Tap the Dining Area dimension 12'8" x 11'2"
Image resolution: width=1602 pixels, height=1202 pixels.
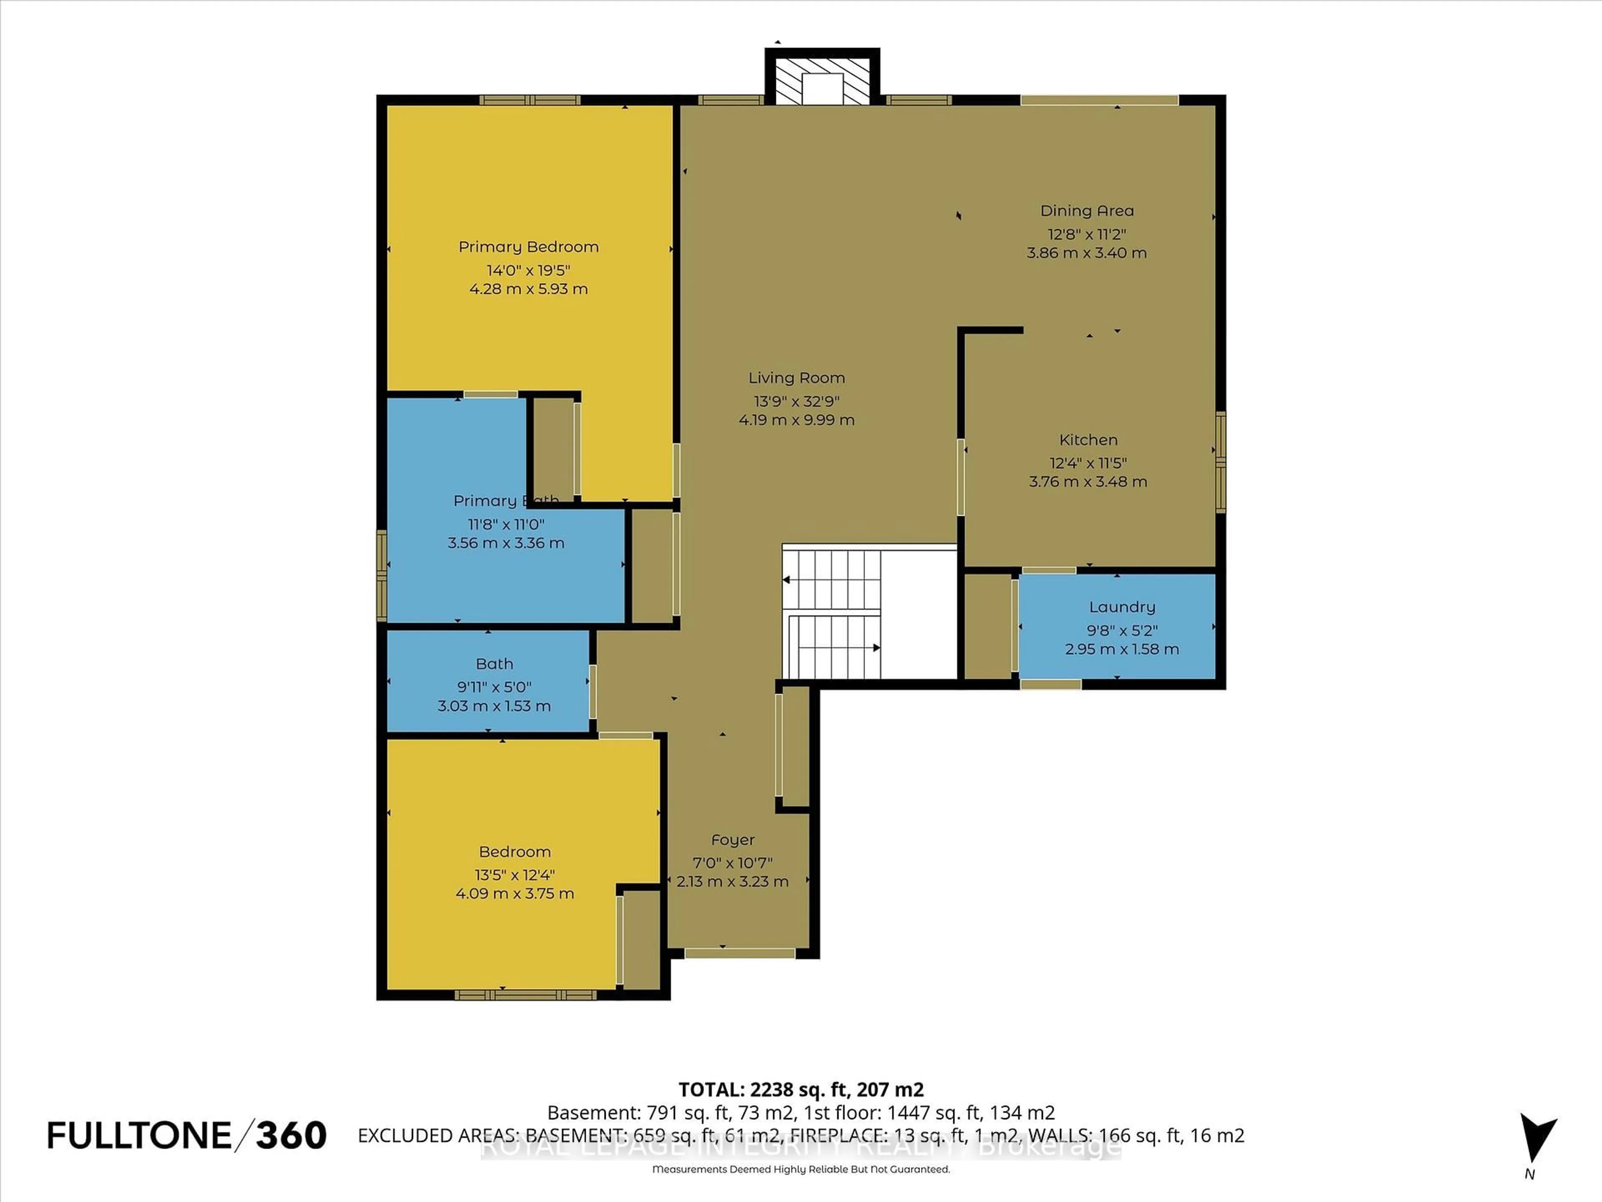[1086, 235]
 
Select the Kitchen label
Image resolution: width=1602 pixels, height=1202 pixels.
[1088, 440]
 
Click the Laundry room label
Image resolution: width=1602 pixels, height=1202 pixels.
[1122, 607]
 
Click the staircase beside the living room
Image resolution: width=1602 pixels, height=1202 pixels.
[833, 612]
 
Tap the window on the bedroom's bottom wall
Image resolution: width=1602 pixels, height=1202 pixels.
[525, 995]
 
